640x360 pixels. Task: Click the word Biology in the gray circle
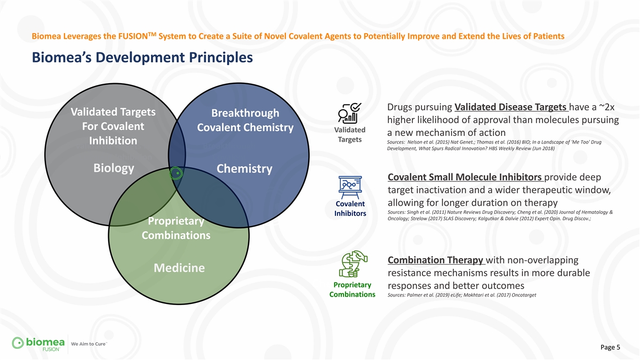114,169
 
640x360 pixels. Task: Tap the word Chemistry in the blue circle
244,169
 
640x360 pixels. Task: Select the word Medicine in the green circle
179,268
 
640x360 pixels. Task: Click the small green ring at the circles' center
176,173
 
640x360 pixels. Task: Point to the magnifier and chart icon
349,113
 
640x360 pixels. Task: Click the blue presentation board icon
350,187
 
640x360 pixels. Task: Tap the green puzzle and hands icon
353,263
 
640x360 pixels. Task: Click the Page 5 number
610,347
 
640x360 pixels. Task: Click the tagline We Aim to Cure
89,344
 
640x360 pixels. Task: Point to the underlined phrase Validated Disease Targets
510,107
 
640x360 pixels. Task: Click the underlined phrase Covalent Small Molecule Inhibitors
465,177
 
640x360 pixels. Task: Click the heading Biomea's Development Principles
142,58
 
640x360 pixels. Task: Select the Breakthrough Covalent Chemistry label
245,121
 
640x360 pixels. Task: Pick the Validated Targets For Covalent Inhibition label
113,126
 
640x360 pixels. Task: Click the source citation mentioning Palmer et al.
462,295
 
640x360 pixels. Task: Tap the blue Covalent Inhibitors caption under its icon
350,209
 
